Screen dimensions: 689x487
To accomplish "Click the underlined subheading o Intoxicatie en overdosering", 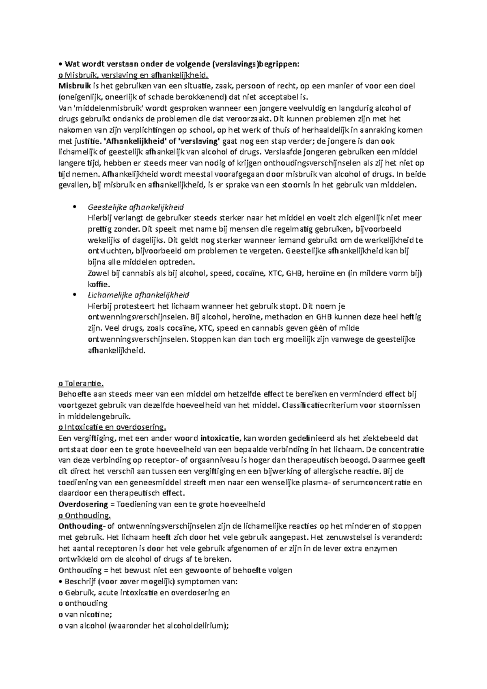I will tap(112, 427).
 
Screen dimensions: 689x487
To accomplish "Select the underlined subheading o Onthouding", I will tap(84, 515).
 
